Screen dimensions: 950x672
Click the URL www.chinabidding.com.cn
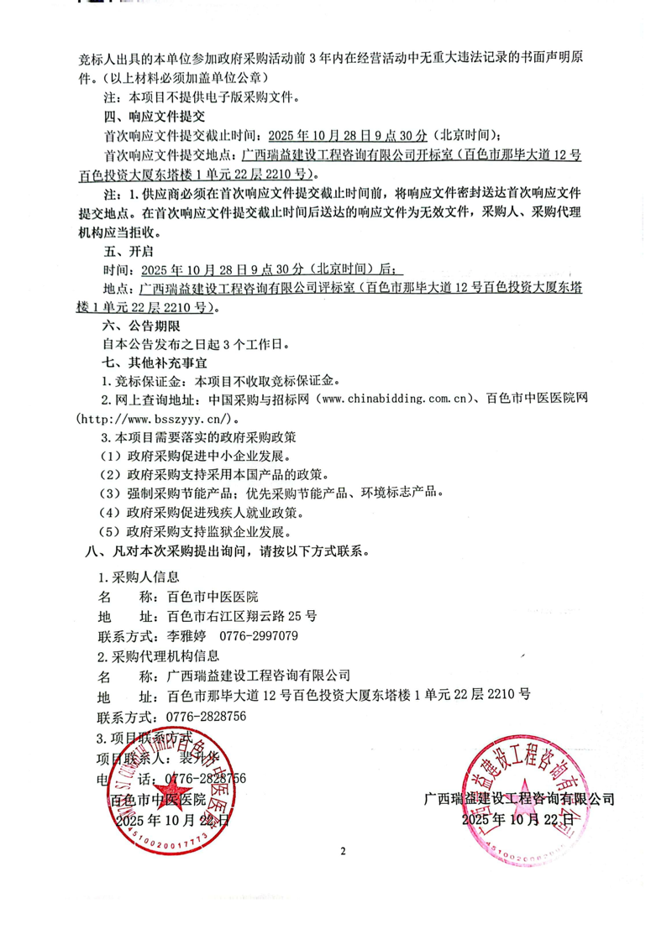(391, 399)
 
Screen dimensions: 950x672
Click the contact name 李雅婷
(188, 635)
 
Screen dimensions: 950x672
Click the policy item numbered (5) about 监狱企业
(196, 532)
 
